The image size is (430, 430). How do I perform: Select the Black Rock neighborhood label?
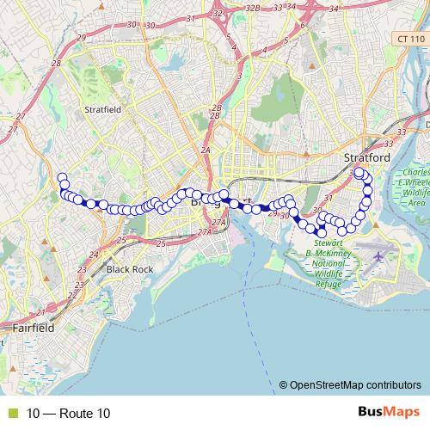pos(129,269)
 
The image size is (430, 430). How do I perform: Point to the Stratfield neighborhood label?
pos(103,110)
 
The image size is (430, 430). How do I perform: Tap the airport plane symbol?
pos(379,256)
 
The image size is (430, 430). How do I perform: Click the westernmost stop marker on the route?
pos(62,178)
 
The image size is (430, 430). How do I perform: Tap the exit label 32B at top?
pos(252,7)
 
